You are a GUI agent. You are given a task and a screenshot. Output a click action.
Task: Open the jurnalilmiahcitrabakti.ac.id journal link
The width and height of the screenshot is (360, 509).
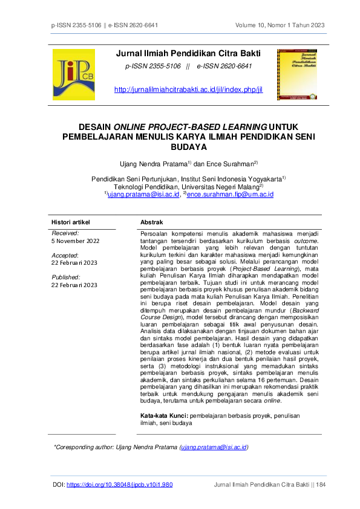(x=188, y=90)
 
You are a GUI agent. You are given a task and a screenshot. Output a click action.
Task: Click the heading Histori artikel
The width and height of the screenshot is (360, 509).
(x=70, y=222)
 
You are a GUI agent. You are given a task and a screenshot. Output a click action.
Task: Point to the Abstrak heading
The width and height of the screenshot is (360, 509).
(x=151, y=222)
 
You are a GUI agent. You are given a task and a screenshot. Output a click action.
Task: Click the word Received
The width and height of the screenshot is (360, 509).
(x=65, y=233)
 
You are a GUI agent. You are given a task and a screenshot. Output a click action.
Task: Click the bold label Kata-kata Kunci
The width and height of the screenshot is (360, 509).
(x=164, y=416)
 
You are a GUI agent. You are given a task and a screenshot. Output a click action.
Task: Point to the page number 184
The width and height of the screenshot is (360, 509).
(x=320, y=484)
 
